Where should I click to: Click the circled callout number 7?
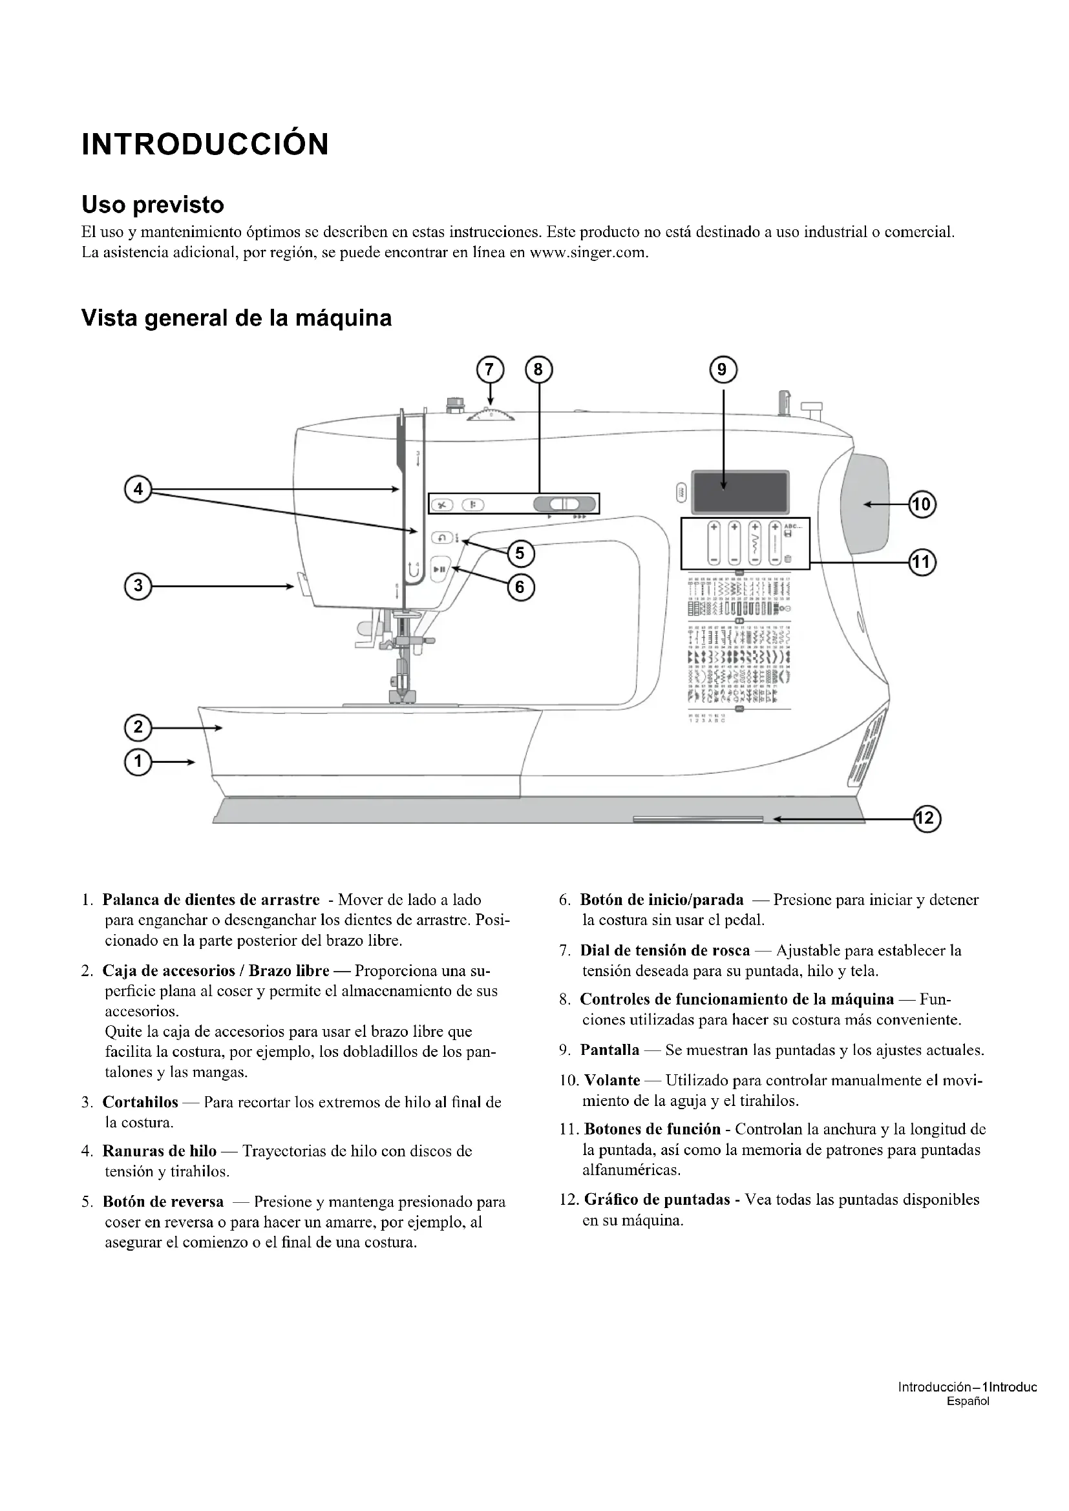pyautogui.click(x=489, y=370)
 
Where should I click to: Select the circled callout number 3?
pyautogui.click(x=138, y=586)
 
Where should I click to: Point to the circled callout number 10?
pyautogui.click(x=922, y=505)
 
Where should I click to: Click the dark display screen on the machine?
pyautogui.click(x=740, y=492)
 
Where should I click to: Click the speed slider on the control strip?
pyautogui.click(x=564, y=504)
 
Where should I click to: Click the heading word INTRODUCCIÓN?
pyautogui.click(x=206, y=144)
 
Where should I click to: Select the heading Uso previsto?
pyautogui.click(x=153, y=205)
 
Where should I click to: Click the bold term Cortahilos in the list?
pyautogui.click(x=140, y=1101)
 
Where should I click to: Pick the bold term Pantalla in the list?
pyautogui.click(x=609, y=1050)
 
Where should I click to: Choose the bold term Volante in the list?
pyautogui.click(x=612, y=1080)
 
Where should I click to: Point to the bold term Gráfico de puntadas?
pyautogui.click(x=657, y=1199)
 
